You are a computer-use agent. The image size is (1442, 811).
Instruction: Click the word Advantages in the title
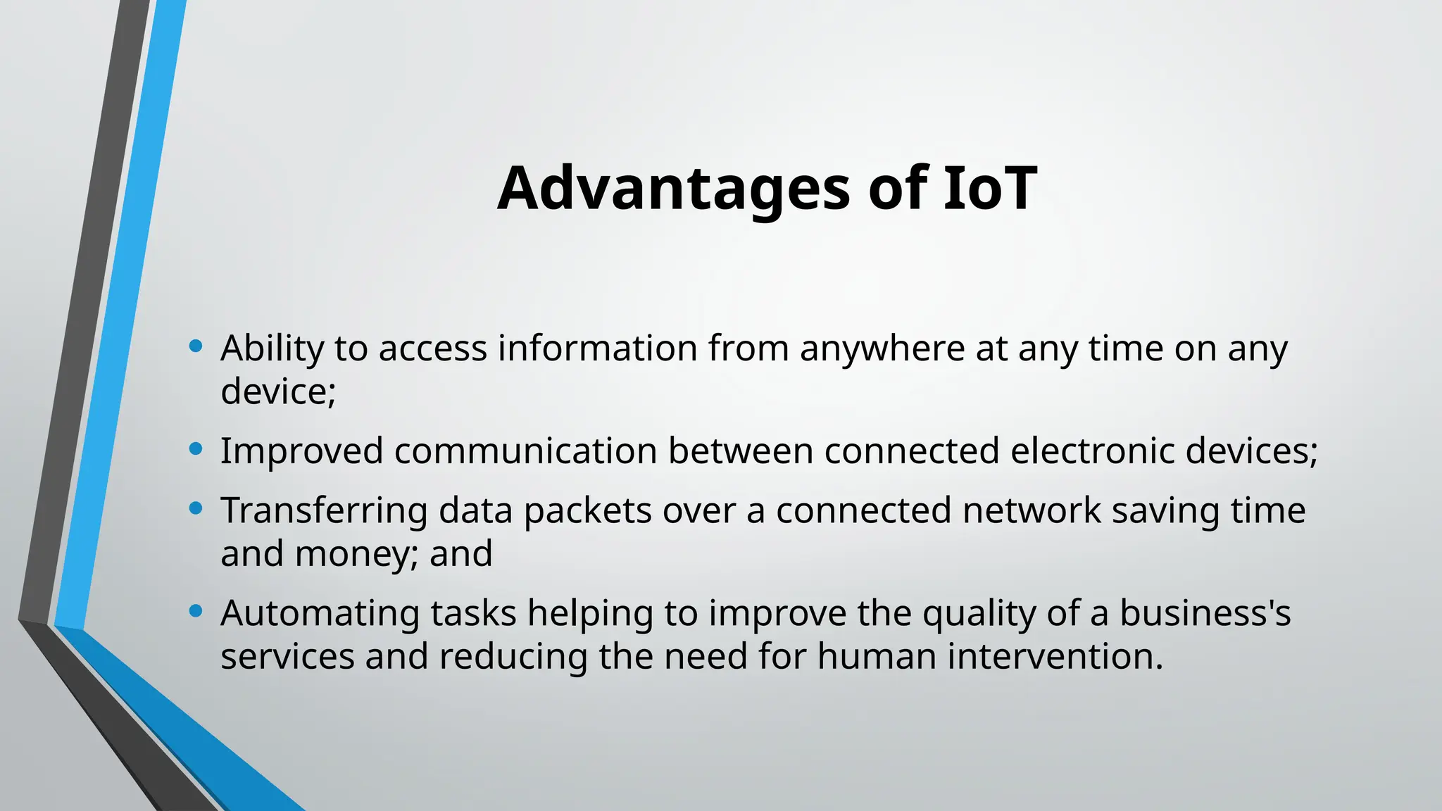coord(673,189)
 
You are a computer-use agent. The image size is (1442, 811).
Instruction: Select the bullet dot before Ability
coord(196,346)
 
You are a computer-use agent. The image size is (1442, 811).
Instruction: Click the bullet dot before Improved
coord(196,448)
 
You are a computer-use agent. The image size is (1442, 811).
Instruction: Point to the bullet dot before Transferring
coord(196,508)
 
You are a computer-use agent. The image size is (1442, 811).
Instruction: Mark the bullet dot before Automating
coord(196,611)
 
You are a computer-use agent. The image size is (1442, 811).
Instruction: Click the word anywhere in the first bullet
coord(882,349)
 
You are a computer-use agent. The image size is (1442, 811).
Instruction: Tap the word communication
coord(525,451)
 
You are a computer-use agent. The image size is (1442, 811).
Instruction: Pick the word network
coord(1032,510)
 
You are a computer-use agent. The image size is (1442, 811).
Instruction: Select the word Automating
coord(320,614)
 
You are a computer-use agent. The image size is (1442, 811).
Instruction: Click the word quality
coord(979,614)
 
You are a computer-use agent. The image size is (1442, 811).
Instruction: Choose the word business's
coord(1205,612)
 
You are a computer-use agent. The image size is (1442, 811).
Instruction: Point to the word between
coord(741,451)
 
